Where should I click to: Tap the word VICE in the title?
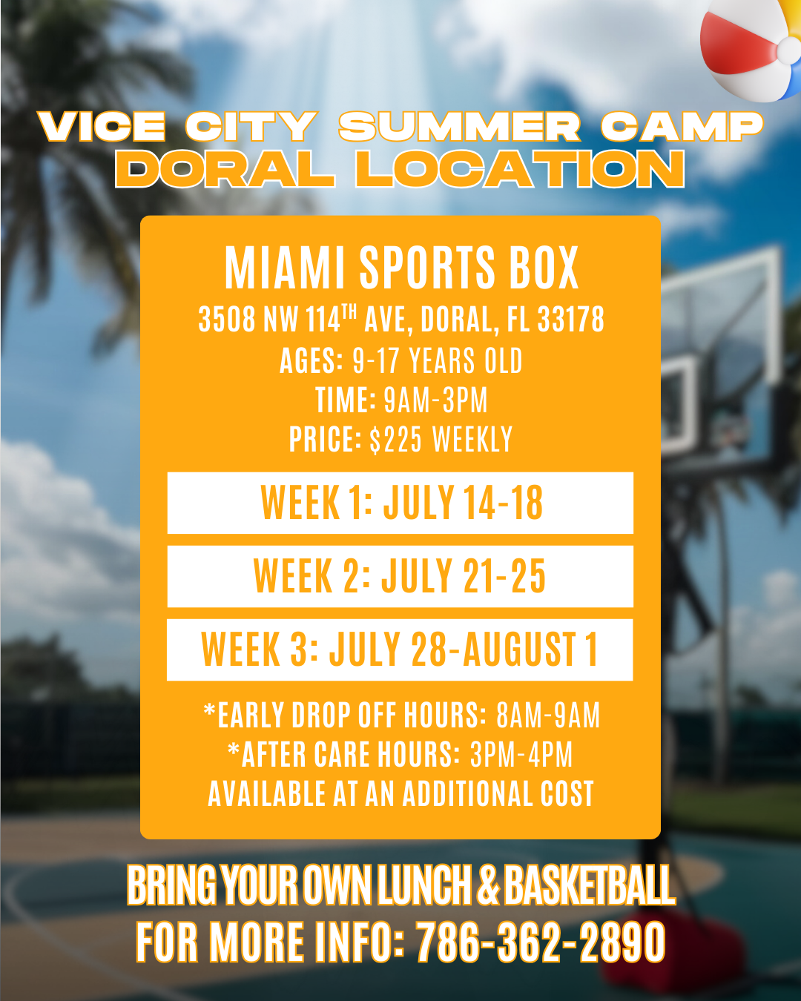(102, 127)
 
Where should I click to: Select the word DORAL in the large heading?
(225, 169)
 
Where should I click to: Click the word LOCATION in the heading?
(519, 169)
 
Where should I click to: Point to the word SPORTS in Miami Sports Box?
(426, 268)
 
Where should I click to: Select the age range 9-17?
(375, 360)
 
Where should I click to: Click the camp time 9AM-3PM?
(435, 400)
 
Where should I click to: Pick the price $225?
(395, 439)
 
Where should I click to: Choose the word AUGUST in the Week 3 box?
(519, 650)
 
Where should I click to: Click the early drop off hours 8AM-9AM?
(548, 715)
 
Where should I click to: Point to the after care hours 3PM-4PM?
(521, 754)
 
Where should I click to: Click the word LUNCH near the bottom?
(424, 885)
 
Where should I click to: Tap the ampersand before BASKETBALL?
(488, 885)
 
